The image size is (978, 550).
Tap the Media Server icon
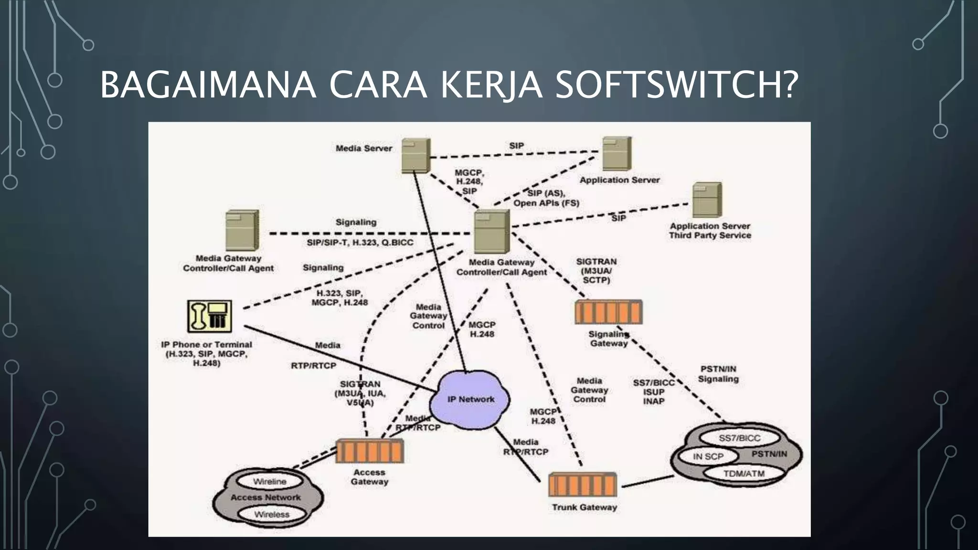[415, 155]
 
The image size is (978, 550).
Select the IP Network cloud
[470, 400]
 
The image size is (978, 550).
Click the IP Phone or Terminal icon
[210, 316]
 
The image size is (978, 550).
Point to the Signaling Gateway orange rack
[608, 312]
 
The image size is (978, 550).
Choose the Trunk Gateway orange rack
[583, 485]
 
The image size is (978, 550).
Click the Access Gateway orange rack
[370, 451]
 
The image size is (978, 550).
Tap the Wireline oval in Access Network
[270, 481]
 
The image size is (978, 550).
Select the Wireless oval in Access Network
[272, 514]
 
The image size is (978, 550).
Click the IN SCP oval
[708, 456]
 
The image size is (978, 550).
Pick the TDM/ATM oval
[744, 474]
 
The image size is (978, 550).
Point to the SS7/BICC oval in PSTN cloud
[739, 438]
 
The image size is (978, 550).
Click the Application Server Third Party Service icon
[707, 200]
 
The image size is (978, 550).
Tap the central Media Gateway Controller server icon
[491, 232]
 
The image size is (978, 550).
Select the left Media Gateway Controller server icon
[242, 230]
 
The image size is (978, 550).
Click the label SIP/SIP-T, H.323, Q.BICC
[360, 243]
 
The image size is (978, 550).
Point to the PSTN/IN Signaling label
[718, 374]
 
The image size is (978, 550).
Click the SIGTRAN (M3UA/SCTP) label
[596, 271]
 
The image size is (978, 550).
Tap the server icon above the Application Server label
[617, 153]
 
